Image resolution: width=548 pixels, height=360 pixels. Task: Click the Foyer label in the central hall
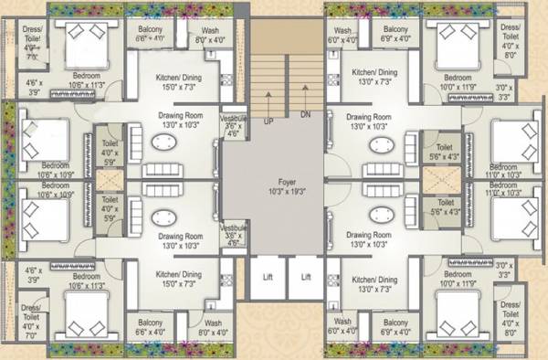(x=274, y=181)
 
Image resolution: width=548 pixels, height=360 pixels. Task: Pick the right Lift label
(x=307, y=276)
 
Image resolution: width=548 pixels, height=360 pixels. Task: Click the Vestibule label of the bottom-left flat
(x=232, y=234)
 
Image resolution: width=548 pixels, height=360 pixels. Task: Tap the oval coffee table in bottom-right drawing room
(x=377, y=217)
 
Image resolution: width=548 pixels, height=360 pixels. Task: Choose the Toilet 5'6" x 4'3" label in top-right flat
(x=445, y=151)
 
